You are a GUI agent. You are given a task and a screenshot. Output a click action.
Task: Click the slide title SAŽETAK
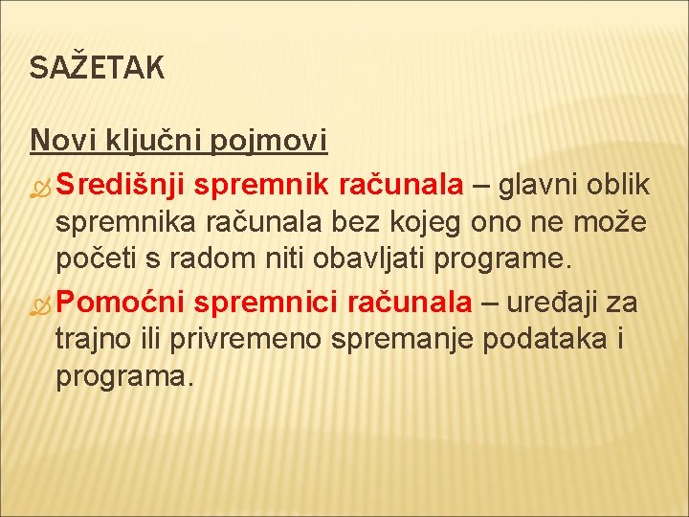tap(97, 68)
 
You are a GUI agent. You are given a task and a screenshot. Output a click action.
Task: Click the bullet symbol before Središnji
tap(40, 185)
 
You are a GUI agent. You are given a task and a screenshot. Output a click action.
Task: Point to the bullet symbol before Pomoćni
tap(40, 303)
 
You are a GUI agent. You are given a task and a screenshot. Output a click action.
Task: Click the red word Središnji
tap(119, 184)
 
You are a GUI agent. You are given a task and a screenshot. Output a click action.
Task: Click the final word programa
tap(124, 377)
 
